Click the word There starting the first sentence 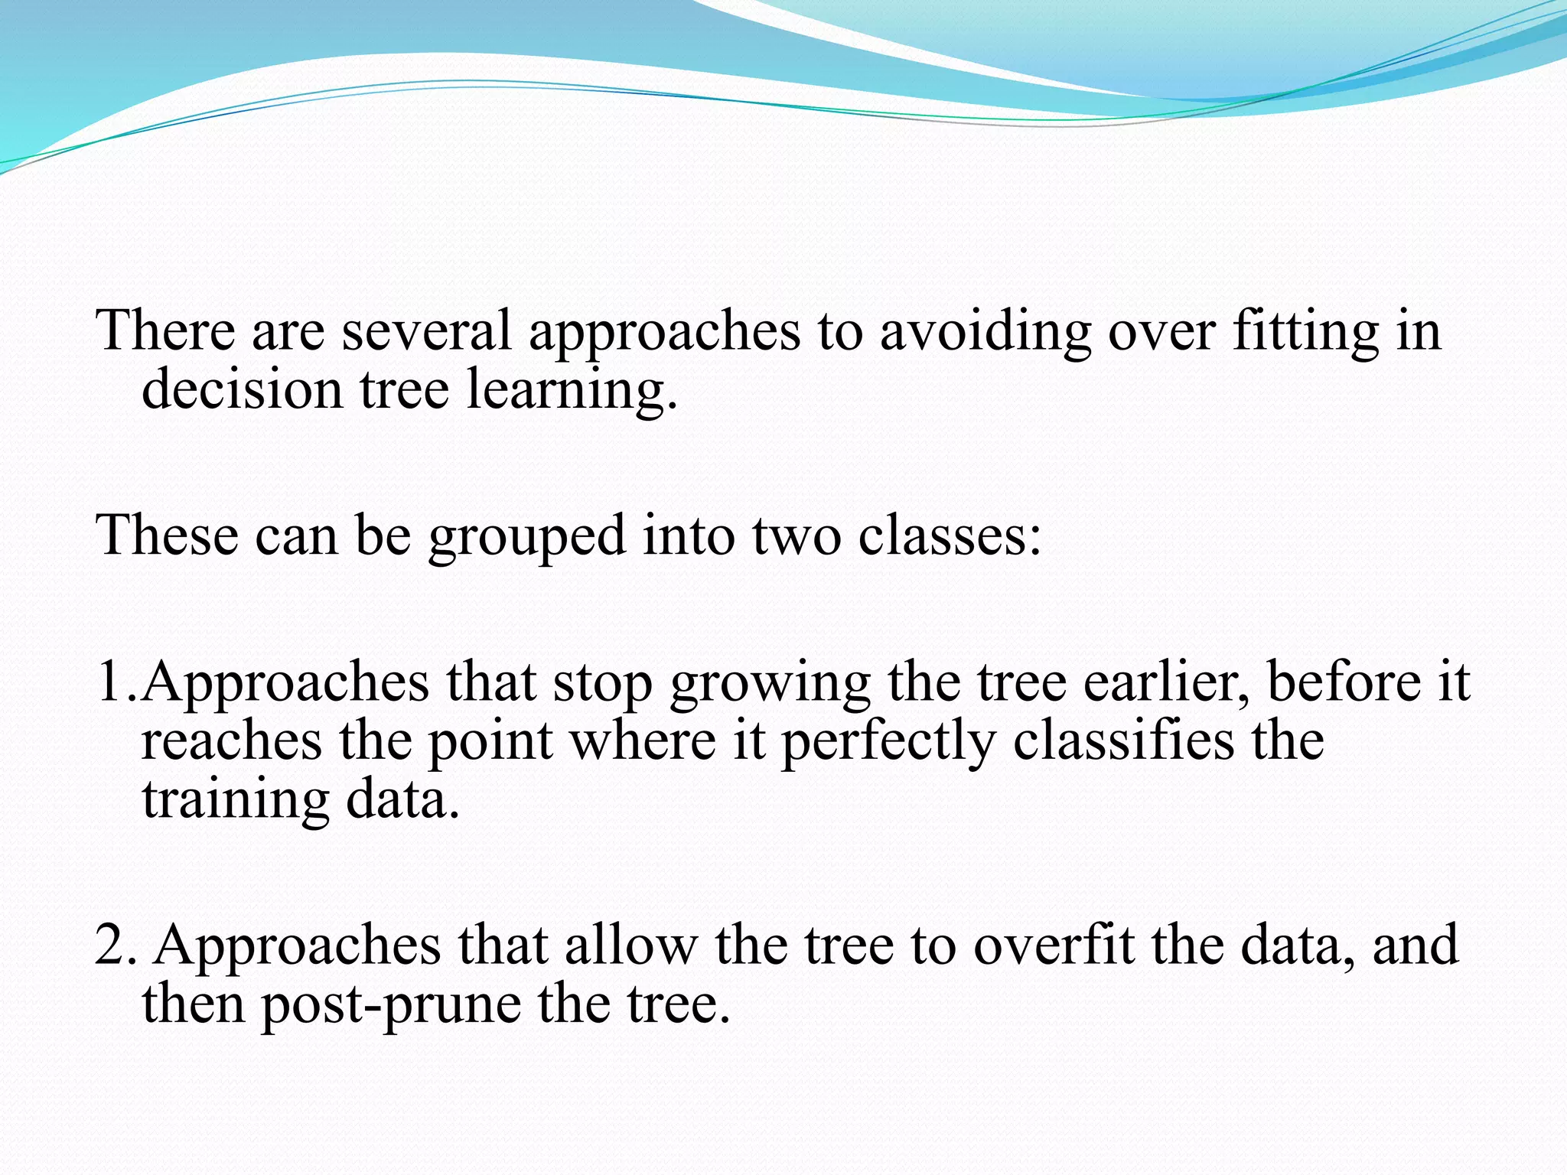tap(165, 330)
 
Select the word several tap(425, 330)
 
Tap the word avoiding tap(985, 330)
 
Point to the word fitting tap(1305, 330)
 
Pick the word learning tap(571, 390)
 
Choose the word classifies tap(1124, 740)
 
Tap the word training tap(236, 800)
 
